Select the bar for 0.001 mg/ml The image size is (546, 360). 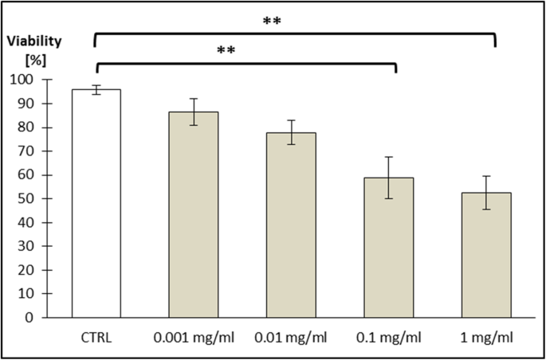pos(194,214)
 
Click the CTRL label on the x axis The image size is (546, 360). pos(96,338)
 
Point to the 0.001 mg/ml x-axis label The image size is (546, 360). pos(194,338)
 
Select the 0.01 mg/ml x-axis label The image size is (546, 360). pos(291,338)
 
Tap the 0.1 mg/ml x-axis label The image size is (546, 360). pos(389,338)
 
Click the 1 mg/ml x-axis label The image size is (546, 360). pos(486,338)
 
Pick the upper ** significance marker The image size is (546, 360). pos(273,22)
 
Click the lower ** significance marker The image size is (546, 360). pos(227,51)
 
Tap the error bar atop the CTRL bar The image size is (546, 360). pos(96,89)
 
